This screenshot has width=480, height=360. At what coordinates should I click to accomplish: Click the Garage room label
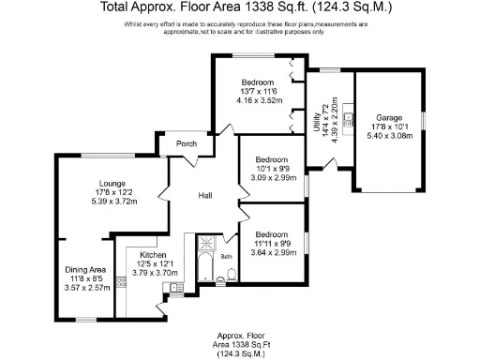pyautogui.click(x=388, y=118)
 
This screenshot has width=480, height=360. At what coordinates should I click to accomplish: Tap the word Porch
pyautogui.click(x=187, y=144)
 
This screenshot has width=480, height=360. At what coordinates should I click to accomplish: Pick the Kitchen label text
pyautogui.click(x=154, y=255)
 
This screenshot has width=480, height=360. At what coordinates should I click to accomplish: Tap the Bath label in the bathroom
pyautogui.click(x=226, y=255)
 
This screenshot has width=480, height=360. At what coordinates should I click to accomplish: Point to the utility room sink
pyautogui.click(x=346, y=118)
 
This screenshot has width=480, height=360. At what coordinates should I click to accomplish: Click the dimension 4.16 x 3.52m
pyautogui.click(x=256, y=100)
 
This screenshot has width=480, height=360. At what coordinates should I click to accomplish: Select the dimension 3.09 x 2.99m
pyautogui.click(x=272, y=177)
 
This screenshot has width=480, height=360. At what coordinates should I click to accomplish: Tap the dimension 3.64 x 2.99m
pyautogui.click(x=272, y=252)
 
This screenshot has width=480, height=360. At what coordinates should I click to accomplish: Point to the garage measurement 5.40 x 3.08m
pyautogui.click(x=388, y=137)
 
